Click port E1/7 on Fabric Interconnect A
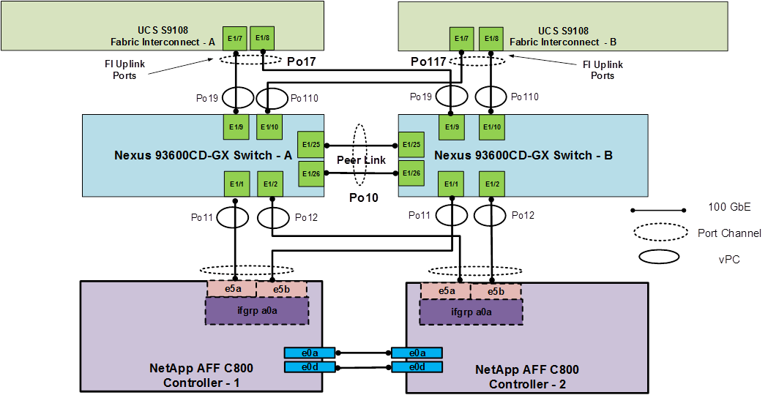(236, 38)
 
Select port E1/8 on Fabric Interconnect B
(491, 38)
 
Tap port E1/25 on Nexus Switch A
(310, 145)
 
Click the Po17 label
(301, 62)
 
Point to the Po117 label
(428, 62)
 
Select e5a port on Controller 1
(232, 290)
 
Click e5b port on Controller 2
(496, 291)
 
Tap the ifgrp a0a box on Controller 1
(256, 311)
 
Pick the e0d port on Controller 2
(417, 366)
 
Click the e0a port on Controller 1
(310, 353)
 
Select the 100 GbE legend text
(729, 207)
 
